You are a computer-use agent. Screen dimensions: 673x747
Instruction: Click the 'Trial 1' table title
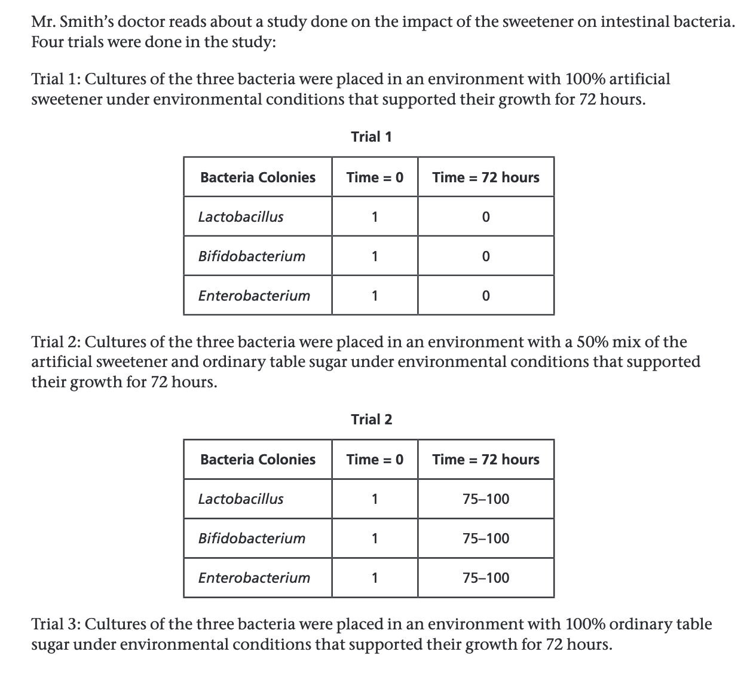point(371,137)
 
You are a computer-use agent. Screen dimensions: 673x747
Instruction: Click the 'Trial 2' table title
point(371,419)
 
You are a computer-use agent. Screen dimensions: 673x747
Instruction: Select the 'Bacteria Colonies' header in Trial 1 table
point(258,178)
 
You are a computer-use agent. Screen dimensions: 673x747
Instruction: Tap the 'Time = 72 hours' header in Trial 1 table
point(485,178)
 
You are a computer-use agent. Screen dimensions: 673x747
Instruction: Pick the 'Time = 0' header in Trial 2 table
point(375,460)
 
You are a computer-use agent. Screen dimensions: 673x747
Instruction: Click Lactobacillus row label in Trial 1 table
point(241,217)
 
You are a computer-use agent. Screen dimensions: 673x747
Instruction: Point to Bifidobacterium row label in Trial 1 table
point(252,256)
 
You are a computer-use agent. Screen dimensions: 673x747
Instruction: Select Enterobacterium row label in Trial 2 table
point(254,578)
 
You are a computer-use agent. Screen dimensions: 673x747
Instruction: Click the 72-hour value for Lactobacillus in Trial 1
point(485,217)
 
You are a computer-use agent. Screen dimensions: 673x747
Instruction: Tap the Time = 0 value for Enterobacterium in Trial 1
point(375,296)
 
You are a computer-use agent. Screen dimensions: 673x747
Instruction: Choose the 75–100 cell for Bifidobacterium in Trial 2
point(486,539)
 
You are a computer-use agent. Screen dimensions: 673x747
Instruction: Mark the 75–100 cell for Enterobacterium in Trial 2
point(486,578)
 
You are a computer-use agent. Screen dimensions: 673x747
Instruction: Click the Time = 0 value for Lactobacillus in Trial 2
point(375,499)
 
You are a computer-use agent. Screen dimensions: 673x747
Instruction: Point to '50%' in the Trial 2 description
point(589,342)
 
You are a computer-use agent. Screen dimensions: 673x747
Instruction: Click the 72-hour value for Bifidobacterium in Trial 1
point(485,256)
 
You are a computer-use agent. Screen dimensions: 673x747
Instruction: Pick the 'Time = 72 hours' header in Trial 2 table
point(485,460)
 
